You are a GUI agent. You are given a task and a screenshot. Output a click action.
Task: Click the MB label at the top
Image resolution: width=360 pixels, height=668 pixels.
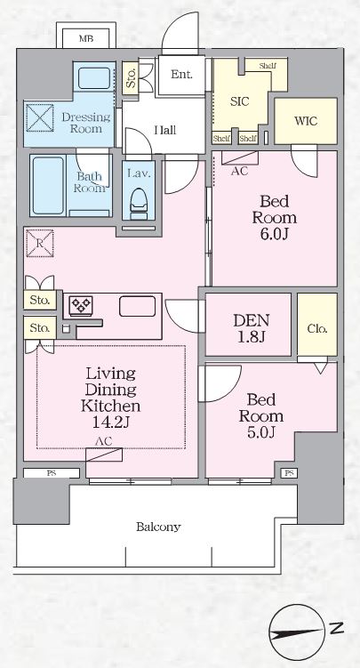(x=85, y=39)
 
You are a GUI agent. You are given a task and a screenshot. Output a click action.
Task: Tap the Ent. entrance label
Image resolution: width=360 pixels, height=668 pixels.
(x=182, y=74)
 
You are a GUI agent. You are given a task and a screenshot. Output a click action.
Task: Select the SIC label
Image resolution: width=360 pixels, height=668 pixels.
(x=239, y=101)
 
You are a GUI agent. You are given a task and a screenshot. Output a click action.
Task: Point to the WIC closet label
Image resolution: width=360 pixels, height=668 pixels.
(x=305, y=121)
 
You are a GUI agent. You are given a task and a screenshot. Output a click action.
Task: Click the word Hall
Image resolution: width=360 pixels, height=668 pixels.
(x=164, y=131)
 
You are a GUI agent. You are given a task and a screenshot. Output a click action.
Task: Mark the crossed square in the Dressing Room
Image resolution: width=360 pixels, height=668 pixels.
(x=39, y=117)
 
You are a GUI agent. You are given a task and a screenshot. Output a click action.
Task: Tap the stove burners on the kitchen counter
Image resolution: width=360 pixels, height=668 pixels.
(x=81, y=305)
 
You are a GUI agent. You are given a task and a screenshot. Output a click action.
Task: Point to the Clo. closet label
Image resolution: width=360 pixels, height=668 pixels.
(x=317, y=328)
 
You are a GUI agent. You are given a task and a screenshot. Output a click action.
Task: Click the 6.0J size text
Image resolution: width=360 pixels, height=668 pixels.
(x=274, y=234)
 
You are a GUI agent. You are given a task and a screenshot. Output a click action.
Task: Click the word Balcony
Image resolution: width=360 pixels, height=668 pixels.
(x=158, y=527)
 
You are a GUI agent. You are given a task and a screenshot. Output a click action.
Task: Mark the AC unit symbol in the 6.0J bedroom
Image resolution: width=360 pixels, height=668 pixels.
(x=239, y=159)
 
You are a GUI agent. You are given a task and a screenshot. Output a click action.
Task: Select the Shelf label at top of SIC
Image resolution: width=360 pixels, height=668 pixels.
(x=268, y=67)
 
